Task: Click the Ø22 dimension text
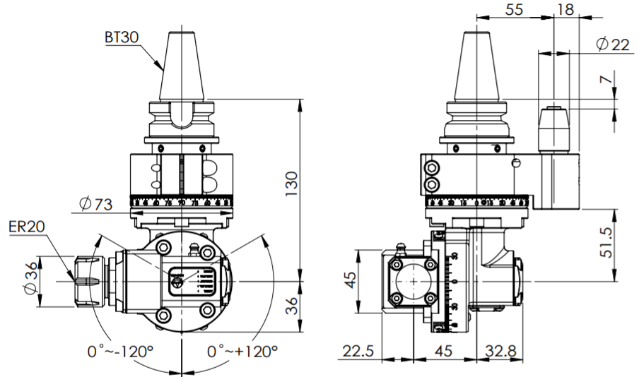(612, 44)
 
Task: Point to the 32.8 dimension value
(501, 352)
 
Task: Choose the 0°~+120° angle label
(242, 351)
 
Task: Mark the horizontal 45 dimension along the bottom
(444, 352)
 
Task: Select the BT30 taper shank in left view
(182, 67)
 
